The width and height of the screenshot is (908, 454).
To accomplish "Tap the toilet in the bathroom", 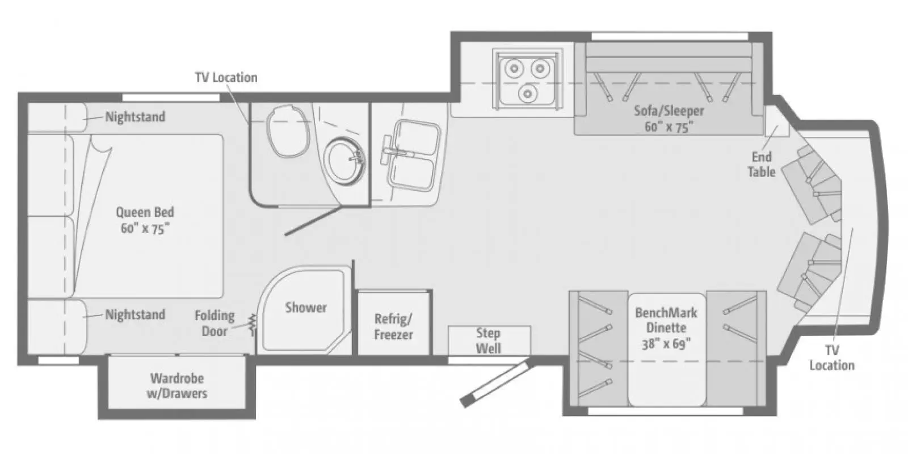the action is pos(288,131).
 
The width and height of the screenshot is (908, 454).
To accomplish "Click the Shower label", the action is pos(306,308).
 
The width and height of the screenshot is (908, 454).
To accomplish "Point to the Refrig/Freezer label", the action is pos(393,327).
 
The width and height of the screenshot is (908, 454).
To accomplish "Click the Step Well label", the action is pos(488,340).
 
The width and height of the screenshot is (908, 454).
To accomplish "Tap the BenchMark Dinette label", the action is pos(666,328).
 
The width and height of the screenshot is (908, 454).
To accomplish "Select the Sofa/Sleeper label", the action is pos(669,119).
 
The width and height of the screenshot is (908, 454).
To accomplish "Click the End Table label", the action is pos(761,165).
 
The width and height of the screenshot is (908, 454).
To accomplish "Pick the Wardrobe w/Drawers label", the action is pos(177,386).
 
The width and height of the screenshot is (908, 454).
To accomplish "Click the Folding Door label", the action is pos(215,323).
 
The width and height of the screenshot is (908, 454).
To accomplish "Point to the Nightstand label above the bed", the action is pos(136,117).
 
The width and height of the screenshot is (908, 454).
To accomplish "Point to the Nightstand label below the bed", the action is pos(136,314).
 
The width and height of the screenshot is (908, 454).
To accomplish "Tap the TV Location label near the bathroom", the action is pos(226,77).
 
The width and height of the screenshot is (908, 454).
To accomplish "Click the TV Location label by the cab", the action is pos(832,358).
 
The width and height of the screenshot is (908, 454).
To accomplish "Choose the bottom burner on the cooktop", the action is pos(527,94).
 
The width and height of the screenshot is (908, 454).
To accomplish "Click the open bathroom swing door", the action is pos(313,221).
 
